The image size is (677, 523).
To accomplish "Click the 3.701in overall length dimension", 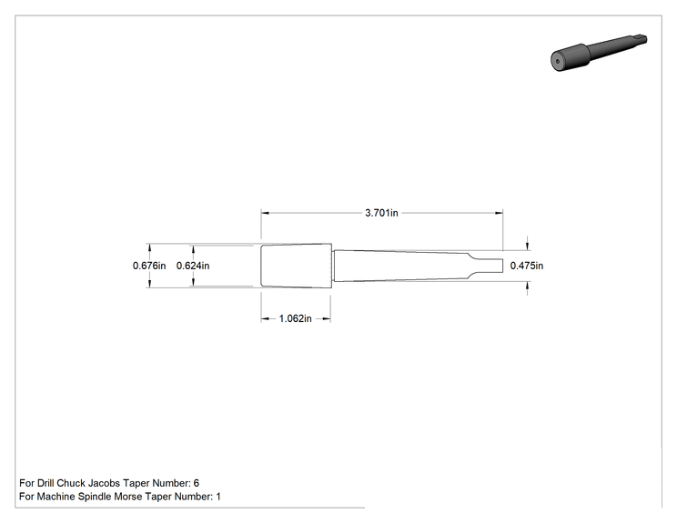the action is pos(381,213).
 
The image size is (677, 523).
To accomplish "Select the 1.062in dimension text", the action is pos(296,318).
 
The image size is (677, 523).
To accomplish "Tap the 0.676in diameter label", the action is pos(149,266).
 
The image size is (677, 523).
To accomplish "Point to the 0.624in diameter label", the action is pos(193,266).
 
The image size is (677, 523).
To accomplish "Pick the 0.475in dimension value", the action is pos(527,266).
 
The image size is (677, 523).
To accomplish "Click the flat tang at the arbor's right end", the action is pos(488,266).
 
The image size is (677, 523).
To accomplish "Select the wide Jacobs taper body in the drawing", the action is pos(297,266).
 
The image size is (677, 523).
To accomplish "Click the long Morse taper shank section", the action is pos(401,266).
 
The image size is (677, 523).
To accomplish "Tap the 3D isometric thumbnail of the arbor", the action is pos(599,52).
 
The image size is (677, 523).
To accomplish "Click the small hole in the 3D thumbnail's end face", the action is pos(558,61).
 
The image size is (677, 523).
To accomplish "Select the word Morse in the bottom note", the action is pos(129,497).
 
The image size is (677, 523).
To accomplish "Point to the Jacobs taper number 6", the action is pos(197,483).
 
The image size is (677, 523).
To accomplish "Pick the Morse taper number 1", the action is pos(218,497).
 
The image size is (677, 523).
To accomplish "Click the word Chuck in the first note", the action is pos(71,483).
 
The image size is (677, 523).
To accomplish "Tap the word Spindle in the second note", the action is pos(95,497).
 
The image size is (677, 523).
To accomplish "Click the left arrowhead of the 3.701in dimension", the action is pos(265,213).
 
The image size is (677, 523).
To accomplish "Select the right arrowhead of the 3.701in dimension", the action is pos(500,213).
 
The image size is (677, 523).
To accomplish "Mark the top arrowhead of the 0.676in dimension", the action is pos(150,248).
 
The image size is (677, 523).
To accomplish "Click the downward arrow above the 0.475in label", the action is pos(527,244).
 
